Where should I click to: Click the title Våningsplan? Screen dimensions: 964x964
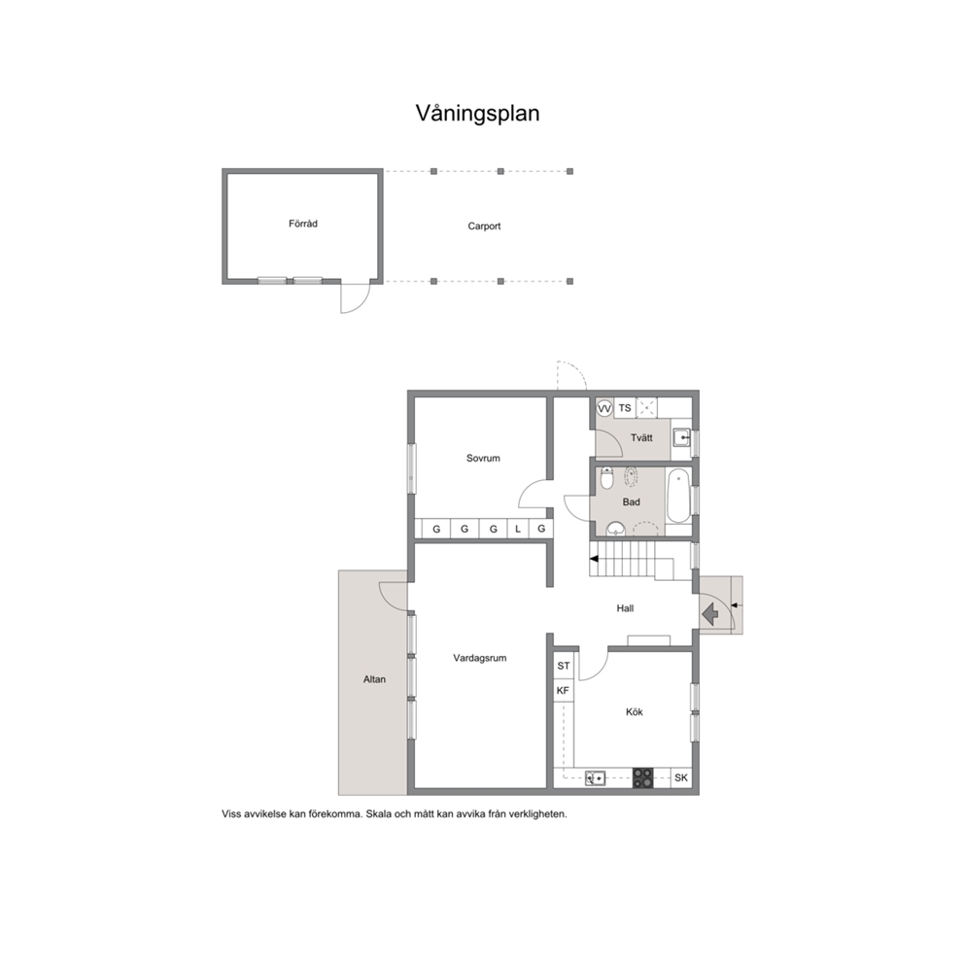click(x=478, y=114)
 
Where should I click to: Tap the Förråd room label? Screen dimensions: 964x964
click(x=303, y=224)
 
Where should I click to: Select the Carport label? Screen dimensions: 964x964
click(x=484, y=226)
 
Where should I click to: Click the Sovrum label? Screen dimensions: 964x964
click(x=483, y=458)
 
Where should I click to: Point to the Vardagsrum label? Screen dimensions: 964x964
click(x=479, y=658)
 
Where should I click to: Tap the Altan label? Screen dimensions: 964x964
click(x=374, y=679)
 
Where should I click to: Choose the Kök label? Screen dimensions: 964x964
click(x=634, y=712)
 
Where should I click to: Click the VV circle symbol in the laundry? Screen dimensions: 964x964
click(x=605, y=408)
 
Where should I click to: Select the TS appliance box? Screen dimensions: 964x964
click(x=625, y=408)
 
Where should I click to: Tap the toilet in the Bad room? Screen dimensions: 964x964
click(x=606, y=478)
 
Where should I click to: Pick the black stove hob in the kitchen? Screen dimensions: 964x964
click(x=643, y=777)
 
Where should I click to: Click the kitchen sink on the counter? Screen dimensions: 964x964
click(x=595, y=778)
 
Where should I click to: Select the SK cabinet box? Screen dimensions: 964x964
click(x=681, y=777)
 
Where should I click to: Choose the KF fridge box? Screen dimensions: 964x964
click(x=563, y=691)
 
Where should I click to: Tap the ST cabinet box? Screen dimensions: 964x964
click(x=564, y=666)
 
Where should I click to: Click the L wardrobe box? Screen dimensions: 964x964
click(x=518, y=529)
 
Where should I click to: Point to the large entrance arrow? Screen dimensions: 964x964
click(x=710, y=613)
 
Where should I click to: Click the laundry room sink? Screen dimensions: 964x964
click(x=682, y=438)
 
